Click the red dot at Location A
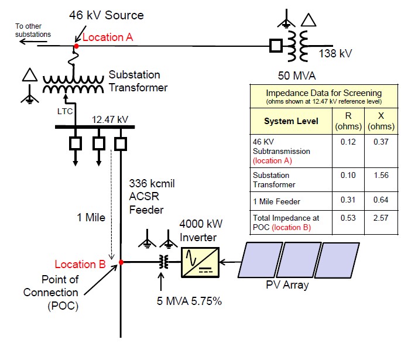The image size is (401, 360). point(76,45)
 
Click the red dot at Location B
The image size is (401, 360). point(121,263)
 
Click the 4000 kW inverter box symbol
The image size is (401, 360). point(200,262)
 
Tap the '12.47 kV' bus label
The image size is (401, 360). point(109,119)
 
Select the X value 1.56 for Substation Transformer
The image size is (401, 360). point(372,175)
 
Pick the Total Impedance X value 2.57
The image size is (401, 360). point(372,218)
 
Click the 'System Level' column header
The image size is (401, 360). point(283,121)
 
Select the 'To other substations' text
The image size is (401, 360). point(33,30)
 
